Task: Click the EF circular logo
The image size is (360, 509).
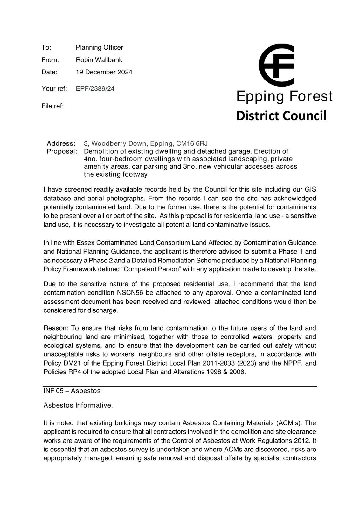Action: tap(276, 65)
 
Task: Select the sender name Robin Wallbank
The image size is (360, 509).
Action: tap(99, 60)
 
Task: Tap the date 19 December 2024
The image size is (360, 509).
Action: tap(104, 72)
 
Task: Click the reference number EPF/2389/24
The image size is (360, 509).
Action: tap(95, 88)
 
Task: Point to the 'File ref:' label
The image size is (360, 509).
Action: tap(52, 106)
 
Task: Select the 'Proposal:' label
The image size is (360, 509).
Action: tap(62, 151)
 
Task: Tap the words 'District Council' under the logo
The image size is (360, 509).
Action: tap(281, 115)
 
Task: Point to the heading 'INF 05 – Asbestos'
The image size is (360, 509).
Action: tap(72, 391)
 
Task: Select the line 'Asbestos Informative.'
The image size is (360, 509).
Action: tap(78, 405)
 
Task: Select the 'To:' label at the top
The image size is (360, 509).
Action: tap(46, 47)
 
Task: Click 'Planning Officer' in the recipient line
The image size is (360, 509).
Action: tap(99, 47)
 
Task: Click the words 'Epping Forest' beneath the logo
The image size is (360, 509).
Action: tap(284, 96)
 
